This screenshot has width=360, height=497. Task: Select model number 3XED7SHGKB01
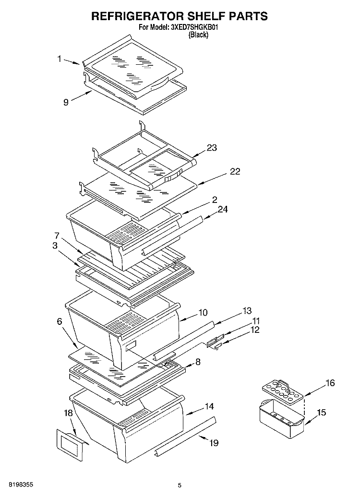tap(192, 27)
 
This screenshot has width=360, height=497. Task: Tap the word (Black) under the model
tap(199, 35)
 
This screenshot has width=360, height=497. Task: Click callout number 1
tap(60, 59)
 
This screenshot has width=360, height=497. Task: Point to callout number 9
tap(66, 102)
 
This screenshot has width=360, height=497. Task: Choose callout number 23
tap(212, 147)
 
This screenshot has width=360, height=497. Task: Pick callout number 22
tap(235, 171)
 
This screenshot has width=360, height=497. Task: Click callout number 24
tap(223, 209)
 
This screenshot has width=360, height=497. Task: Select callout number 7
tap(57, 236)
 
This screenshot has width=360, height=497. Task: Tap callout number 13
tap(247, 311)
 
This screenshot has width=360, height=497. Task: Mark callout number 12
tap(255, 330)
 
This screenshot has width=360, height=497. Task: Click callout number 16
tap(330, 383)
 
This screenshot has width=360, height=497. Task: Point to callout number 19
tap(214, 442)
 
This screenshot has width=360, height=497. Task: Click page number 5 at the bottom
tap(180, 485)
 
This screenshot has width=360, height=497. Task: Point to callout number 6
tap(60, 321)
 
